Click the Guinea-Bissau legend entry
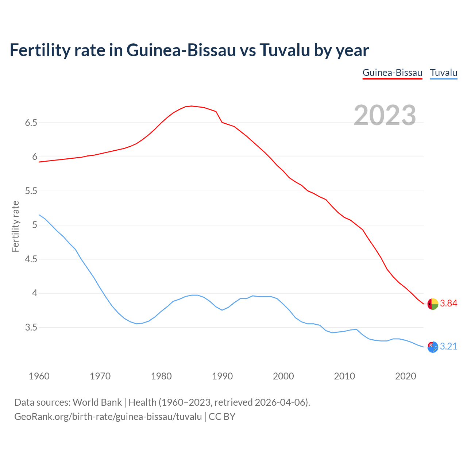pyautogui.click(x=392, y=73)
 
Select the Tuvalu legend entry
pyautogui.click(x=444, y=73)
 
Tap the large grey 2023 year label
pyautogui.click(x=385, y=115)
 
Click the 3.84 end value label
pyautogui.click(x=448, y=304)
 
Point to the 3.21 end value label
pyautogui.click(x=448, y=346)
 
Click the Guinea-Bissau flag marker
pyautogui.click(x=433, y=304)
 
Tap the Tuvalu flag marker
pyautogui.click(x=433, y=347)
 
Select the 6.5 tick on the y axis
pyautogui.click(x=31, y=123)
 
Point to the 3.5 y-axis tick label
pyautogui.click(x=31, y=328)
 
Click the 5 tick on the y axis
pyautogui.click(x=35, y=225)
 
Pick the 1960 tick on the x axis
pyautogui.click(x=39, y=376)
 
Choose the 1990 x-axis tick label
pyautogui.click(x=222, y=376)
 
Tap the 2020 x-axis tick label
pyautogui.click(x=405, y=376)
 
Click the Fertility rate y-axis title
pyautogui.click(x=15, y=226)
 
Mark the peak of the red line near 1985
pyautogui.click(x=192, y=106)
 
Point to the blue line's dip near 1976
pyautogui.click(x=137, y=324)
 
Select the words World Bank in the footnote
pyautogui.click(x=97, y=402)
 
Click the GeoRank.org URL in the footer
pyautogui.click(x=108, y=417)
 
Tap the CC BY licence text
pyautogui.click(x=222, y=417)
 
